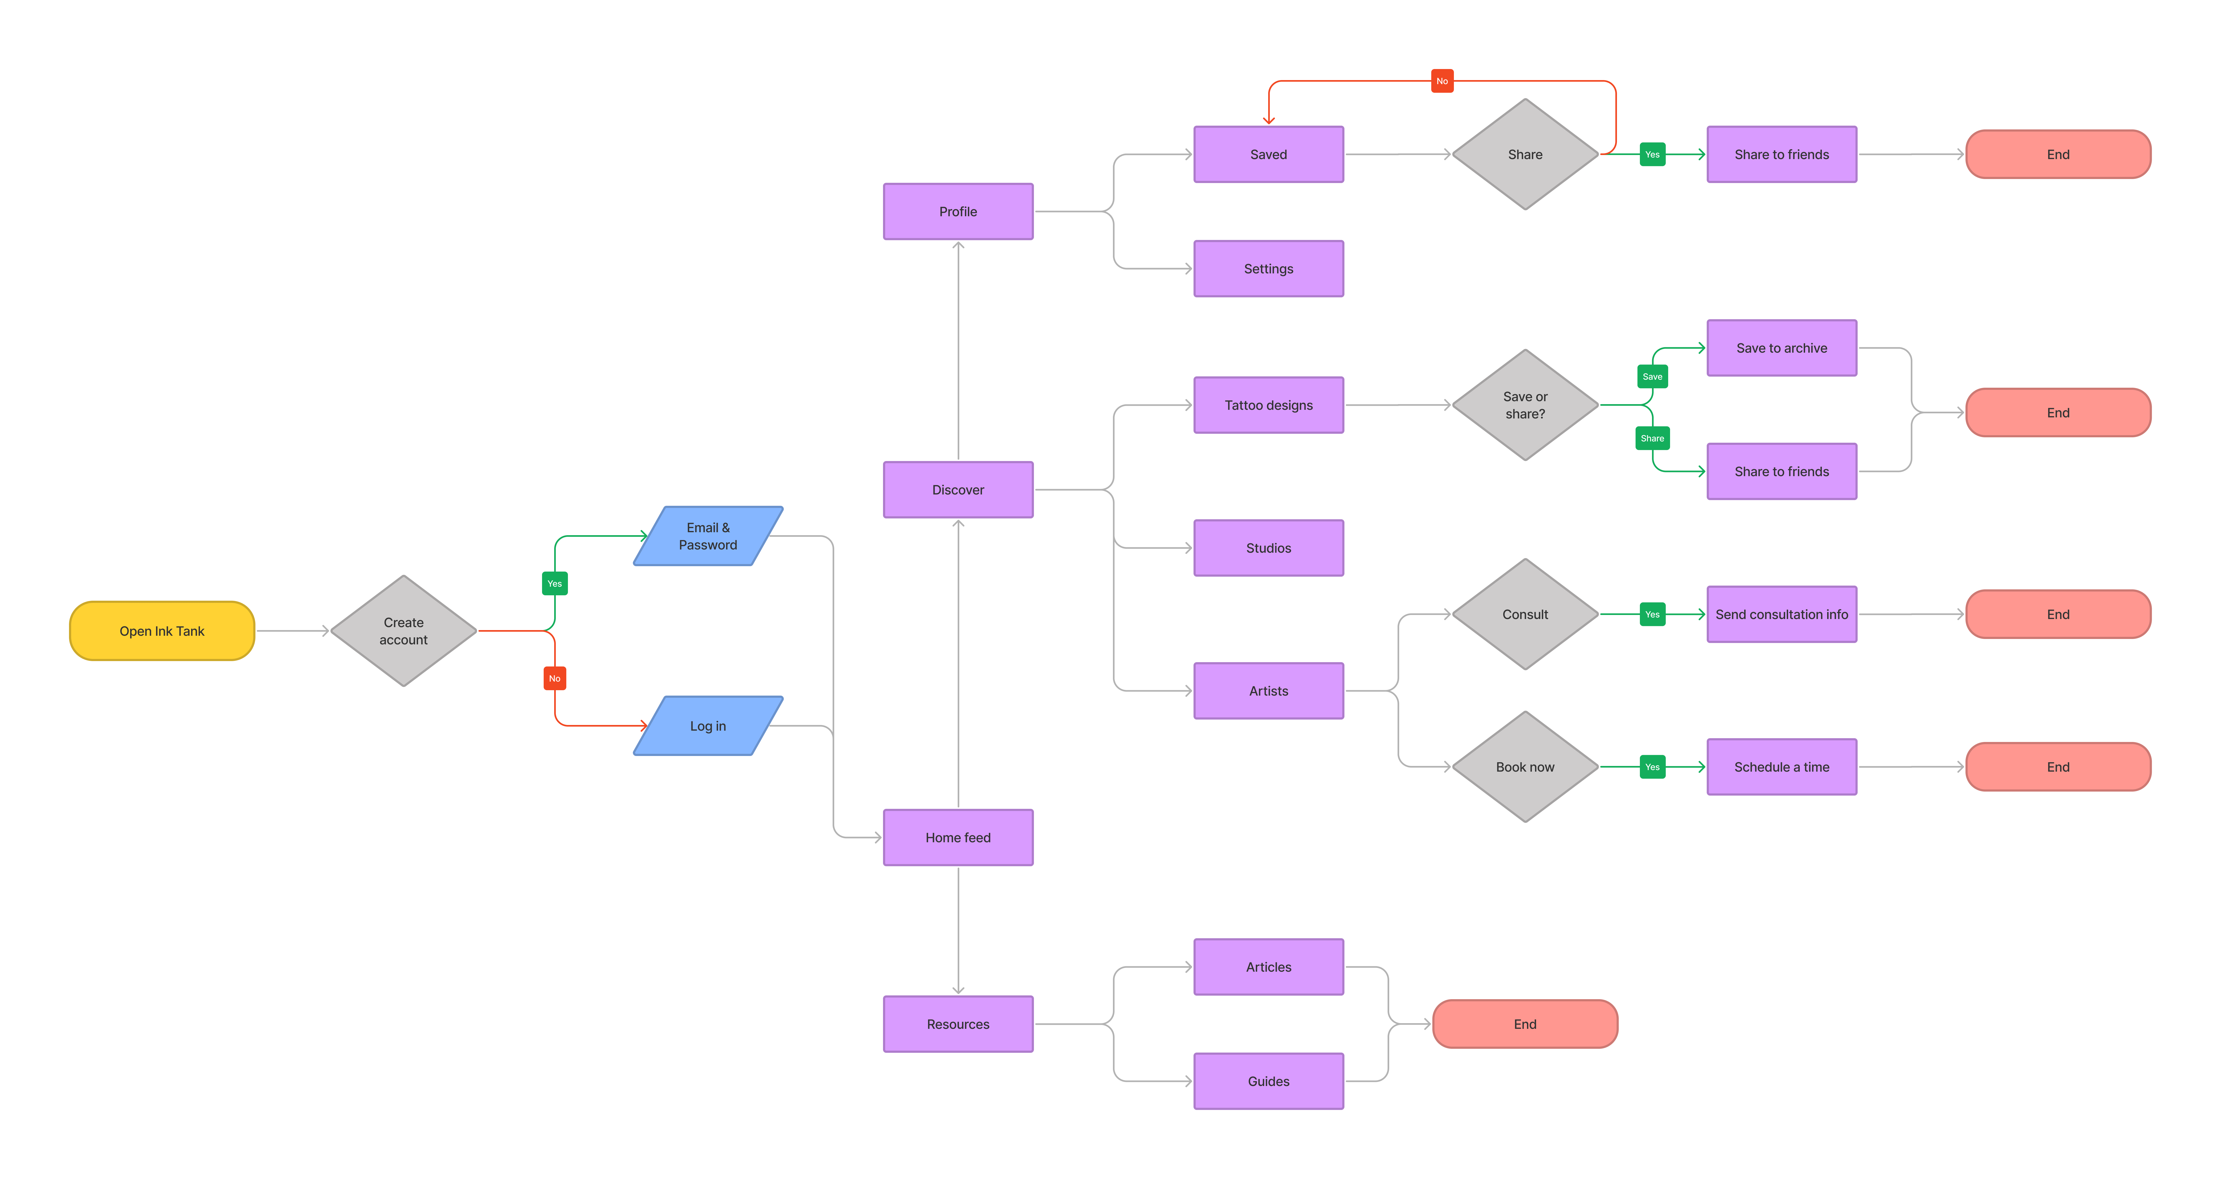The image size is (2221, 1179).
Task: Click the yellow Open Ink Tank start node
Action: pos(162,630)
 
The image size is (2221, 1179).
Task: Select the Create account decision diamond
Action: pos(403,630)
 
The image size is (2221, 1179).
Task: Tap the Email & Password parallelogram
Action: pos(708,536)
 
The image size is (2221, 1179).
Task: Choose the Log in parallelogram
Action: pos(708,725)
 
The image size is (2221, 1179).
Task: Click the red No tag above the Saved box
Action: pos(1441,81)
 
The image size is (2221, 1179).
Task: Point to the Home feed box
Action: pos(958,837)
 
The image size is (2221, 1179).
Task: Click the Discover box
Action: pos(958,489)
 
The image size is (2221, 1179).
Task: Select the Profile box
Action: pos(958,211)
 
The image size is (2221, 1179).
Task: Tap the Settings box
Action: pos(1268,268)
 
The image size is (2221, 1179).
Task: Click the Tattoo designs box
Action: pos(1268,404)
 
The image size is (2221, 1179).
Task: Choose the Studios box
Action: pos(1268,548)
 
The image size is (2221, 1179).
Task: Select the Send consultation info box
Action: pos(1781,614)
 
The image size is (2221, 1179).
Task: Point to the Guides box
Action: pos(1268,1081)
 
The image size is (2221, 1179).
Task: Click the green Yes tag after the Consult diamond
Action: pos(1652,614)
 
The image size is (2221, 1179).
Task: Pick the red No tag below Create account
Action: pos(554,678)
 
